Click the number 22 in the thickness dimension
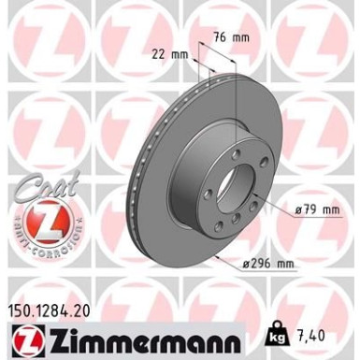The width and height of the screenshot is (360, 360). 166,53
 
